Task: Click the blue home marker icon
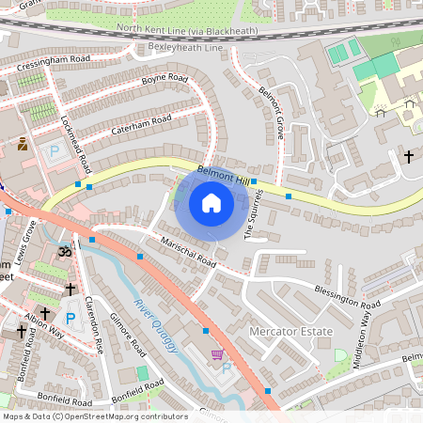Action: [211, 202]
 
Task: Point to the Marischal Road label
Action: [187, 251]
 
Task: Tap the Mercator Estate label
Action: [290, 332]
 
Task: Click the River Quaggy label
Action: [156, 326]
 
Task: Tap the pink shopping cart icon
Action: [217, 355]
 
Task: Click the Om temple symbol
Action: [66, 252]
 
